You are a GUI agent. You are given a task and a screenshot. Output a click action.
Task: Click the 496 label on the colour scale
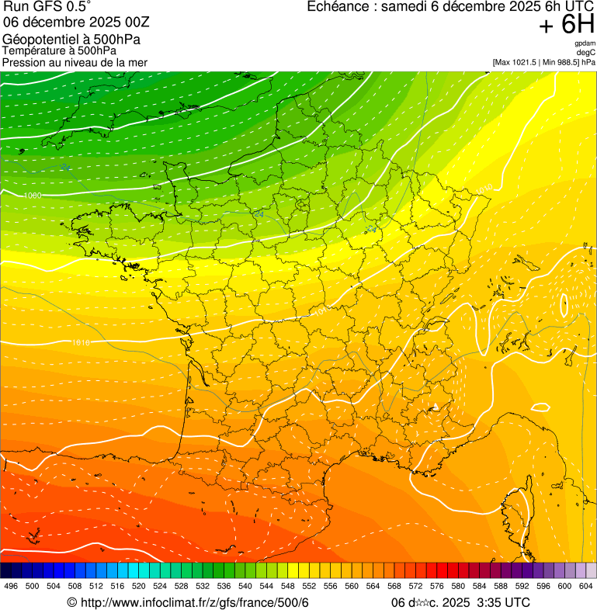(x=11, y=586)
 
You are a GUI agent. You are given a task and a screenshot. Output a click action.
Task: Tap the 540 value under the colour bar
(x=245, y=586)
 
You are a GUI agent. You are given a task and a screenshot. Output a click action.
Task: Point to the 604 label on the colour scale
(x=586, y=586)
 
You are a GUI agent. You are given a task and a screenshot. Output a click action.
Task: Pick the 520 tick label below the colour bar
(x=139, y=586)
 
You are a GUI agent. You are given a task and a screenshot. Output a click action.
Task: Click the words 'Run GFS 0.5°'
(x=47, y=7)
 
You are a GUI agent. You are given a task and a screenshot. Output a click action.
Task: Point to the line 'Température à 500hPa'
(x=59, y=50)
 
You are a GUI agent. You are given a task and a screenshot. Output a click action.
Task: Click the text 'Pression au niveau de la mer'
(x=75, y=62)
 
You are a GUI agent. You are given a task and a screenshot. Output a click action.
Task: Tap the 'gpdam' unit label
(x=585, y=43)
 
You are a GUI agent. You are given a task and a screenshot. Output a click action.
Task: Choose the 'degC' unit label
(x=586, y=52)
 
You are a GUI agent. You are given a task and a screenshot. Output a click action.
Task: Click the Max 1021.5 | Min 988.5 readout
(x=543, y=62)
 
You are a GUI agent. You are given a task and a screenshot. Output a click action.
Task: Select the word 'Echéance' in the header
(x=336, y=7)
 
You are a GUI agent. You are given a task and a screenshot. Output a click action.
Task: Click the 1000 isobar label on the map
(x=33, y=196)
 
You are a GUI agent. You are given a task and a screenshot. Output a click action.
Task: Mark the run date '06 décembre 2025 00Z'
(x=70, y=23)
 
